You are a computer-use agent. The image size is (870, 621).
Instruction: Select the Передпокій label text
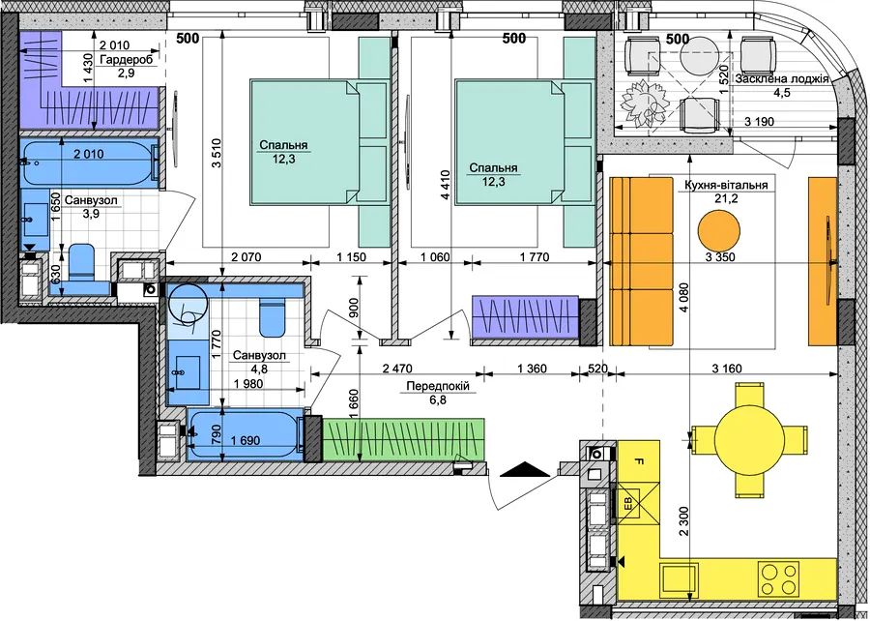click(438, 386)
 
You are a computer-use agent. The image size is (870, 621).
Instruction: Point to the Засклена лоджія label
click(782, 78)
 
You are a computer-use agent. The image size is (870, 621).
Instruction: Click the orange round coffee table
click(719, 231)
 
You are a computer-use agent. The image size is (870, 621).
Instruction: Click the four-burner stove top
click(779, 578)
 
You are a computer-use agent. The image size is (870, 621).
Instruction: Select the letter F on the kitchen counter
click(639, 461)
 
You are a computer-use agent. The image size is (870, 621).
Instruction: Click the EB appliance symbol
click(639, 506)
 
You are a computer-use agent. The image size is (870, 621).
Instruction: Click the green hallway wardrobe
click(403, 439)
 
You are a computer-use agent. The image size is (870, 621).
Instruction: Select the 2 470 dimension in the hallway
click(398, 368)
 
